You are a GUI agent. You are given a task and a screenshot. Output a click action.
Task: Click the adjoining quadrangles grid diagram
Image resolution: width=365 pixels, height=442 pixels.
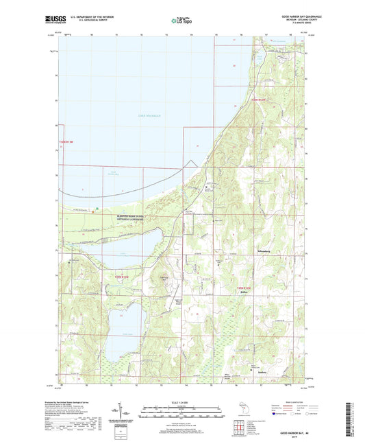point(241,428)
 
